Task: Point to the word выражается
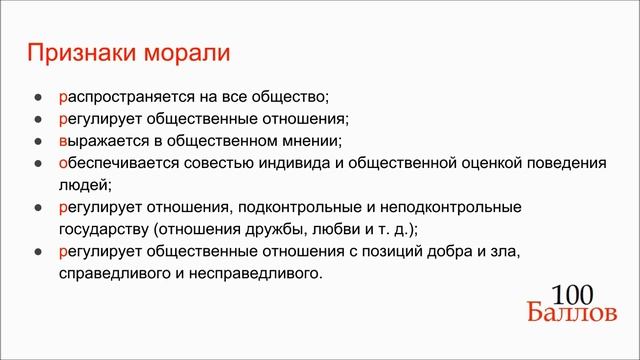(x=101, y=141)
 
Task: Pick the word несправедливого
(x=258, y=273)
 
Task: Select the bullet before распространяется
(x=38, y=98)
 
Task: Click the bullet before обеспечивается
(x=38, y=164)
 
